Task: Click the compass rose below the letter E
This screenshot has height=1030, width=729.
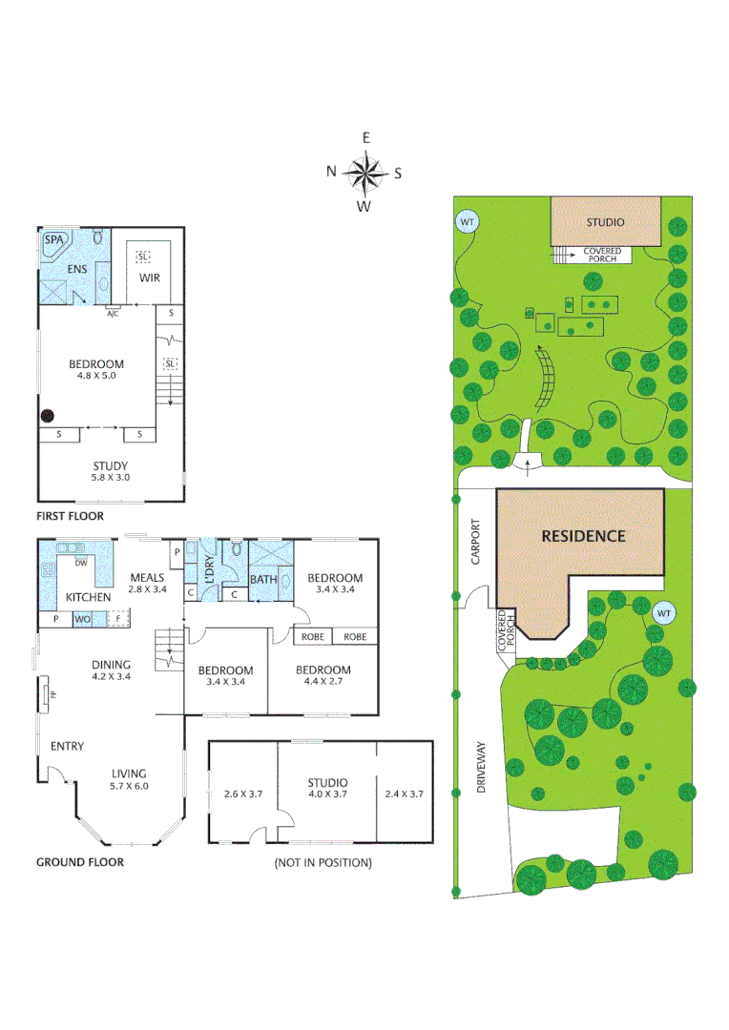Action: pyautogui.click(x=364, y=173)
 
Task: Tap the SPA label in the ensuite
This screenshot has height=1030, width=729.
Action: pyautogui.click(x=54, y=239)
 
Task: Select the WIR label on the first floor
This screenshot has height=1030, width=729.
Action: pyautogui.click(x=149, y=278)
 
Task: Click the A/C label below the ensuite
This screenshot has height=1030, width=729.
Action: pyautogui.click(x=113, y=313)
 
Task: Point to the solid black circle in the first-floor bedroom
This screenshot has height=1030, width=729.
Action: pyautogui.click(x=47, y=415)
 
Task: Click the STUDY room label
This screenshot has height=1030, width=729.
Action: pyautogui.click(x=111, y=466)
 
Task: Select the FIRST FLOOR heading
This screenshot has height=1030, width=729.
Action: pyautogui.click(x=70, y=516)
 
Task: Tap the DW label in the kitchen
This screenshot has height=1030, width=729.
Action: pyautogui.click(x=82, y=563)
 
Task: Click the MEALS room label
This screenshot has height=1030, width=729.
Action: pyautogui.click(x=148, y=577)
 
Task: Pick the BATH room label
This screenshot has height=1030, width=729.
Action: pyautogui.click(x=262, y=579)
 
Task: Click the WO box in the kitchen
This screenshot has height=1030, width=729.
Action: pyautogui.click(x=83, y=620)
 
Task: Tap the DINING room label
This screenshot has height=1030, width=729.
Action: pyautogui.click(x=112, y=665)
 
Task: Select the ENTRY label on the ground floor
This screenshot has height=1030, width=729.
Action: pyautogui.click(x=67, y=746)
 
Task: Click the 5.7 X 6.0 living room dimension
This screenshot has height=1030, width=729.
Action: pyautogui.click(x=128, y=786)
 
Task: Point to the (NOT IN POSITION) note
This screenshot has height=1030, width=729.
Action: pyautogui.click(x=323, y=862)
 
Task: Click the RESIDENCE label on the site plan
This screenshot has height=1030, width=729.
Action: pyautogui.click(x=583, y=536)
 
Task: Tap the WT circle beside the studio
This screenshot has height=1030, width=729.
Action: pyautogui.click(x=468, y=221)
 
